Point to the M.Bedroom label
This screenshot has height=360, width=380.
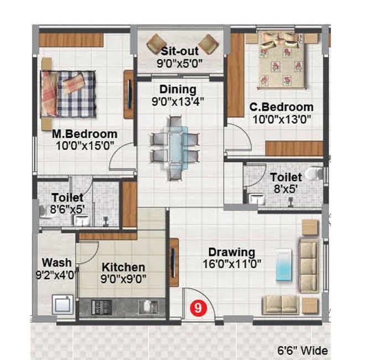pyautogui.click(x=85, y=134)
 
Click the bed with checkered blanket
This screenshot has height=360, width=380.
pyautogui.click(x=69, y=92)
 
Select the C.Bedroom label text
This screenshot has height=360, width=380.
pyautogui.click(x=281, y=107)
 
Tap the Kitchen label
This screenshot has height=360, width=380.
pyautogui.click(x=123, y=268)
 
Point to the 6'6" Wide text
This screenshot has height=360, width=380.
pyautogui.click(x=302, y=351)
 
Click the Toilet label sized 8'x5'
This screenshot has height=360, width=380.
pyautogui.click(x=286, y=177)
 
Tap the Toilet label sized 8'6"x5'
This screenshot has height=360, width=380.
pyautogui.click(x=67, y=198)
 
